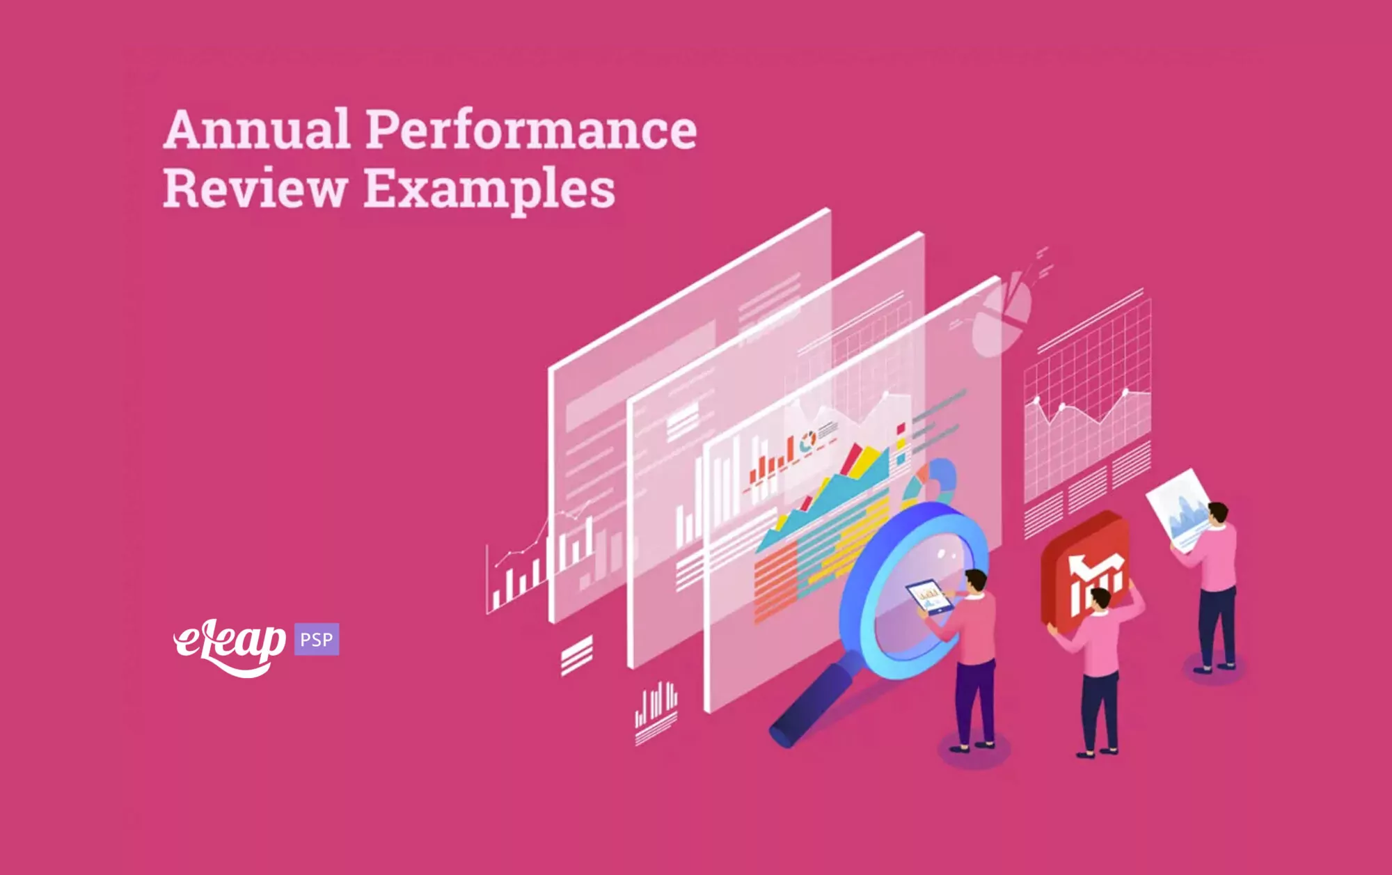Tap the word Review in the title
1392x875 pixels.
coord(255,188)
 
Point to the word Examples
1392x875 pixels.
coord(490,189)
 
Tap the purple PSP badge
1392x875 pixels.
coord(317,639)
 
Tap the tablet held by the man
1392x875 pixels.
coord(929,597)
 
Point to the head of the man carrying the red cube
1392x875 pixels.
coord(1100,600)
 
